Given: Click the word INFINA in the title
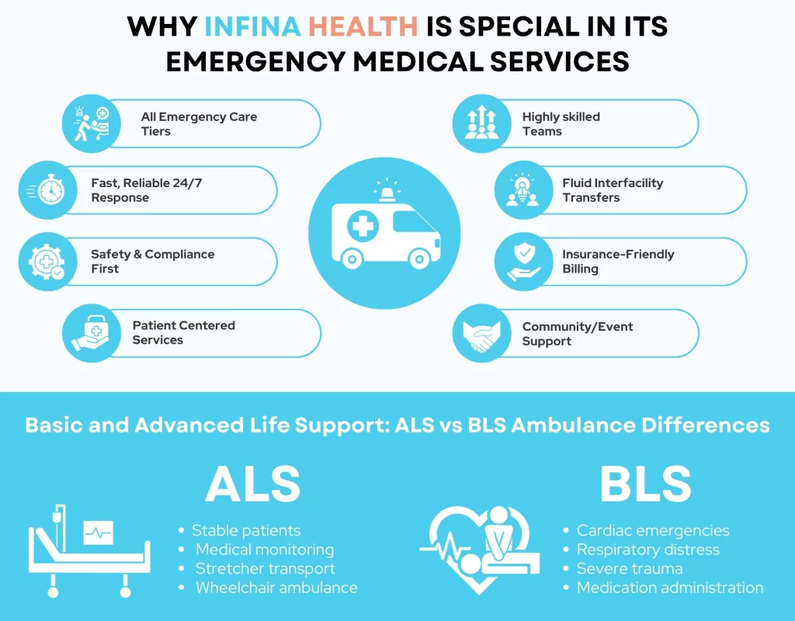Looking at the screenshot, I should tap(253, 26).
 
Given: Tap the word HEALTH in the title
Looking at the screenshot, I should tap(363, 26).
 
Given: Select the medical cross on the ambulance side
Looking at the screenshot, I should tap(362, 228).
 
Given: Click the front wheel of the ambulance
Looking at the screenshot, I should tap(419, 258).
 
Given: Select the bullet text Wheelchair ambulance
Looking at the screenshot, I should tap(276, 588).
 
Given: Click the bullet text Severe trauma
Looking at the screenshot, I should tap(630, 569).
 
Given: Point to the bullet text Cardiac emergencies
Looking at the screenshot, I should tap(653, 531).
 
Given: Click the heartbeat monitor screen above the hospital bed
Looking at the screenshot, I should tap(99, 533).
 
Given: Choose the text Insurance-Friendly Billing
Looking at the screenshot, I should tap(618, 262).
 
